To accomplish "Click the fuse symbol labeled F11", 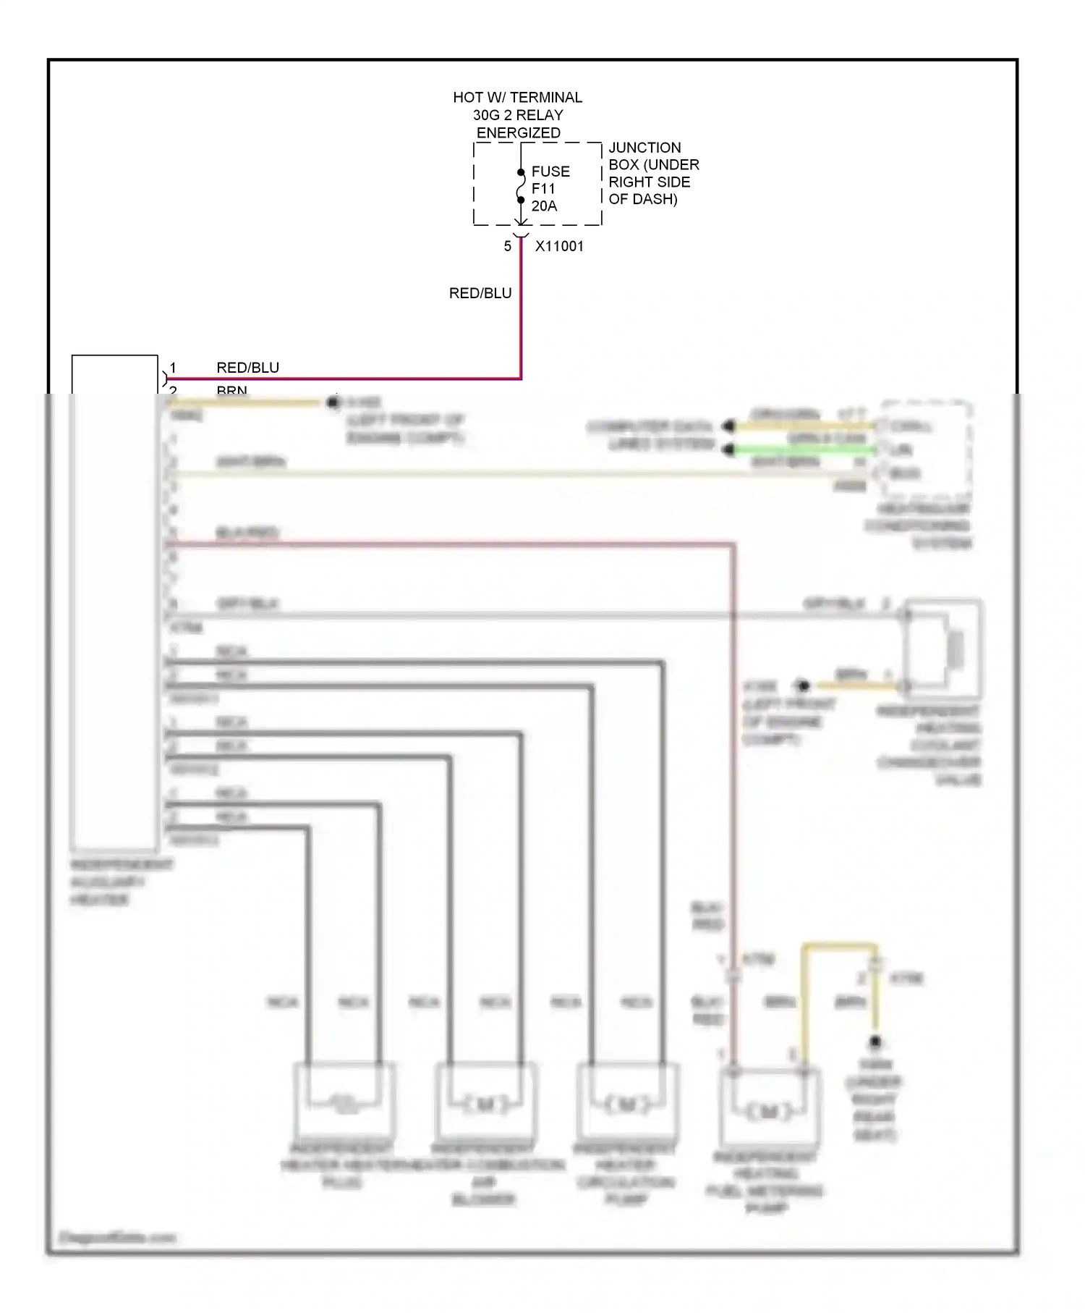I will click(521, 187).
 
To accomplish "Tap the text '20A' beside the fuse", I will click(544, 206).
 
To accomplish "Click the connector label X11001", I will click(559, 246).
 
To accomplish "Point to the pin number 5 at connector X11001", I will click(508, 246).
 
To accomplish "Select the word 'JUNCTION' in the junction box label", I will click(644, 148).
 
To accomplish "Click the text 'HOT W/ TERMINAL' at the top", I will click(517, 97).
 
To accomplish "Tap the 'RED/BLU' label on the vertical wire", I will click(480, 293).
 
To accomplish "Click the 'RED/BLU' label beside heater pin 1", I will click(247, 368).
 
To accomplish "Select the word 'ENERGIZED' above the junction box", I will click(518, 132).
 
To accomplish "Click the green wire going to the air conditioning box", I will click(803, 449).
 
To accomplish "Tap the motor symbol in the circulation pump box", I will click(626, 1105).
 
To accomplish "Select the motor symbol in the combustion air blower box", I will click(485, 1105).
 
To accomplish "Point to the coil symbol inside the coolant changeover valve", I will click(956, 649).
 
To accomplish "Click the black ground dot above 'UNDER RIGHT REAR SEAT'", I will click(875, 1042).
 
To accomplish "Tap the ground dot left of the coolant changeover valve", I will click(801, 685).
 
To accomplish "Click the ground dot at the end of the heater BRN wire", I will click(333, 402).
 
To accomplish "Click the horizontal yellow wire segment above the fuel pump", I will click(839, 946).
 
